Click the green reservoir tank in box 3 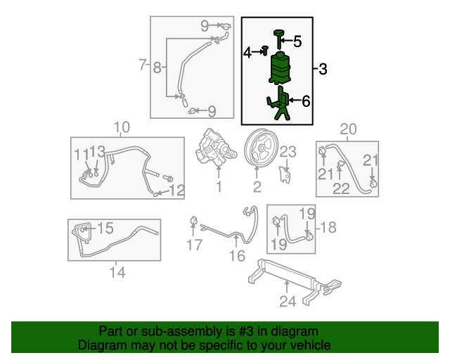pos(279,67)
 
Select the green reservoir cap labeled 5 pos(278,39)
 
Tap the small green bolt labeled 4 pos(265,50)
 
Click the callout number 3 pos(323,69)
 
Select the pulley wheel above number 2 pos(261,148)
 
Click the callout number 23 pos(288,152)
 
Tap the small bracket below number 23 pos(285,174)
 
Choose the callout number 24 pos(288,302)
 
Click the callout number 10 pos(122,127)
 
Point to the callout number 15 pos(105,228)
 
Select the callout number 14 pos(117,272)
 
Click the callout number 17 pos(195,245)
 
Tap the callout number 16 pos(238,256)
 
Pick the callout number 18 pos(328,228)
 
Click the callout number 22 pos(341,188)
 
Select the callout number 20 pos(349,129)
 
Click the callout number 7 pos(142,65)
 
